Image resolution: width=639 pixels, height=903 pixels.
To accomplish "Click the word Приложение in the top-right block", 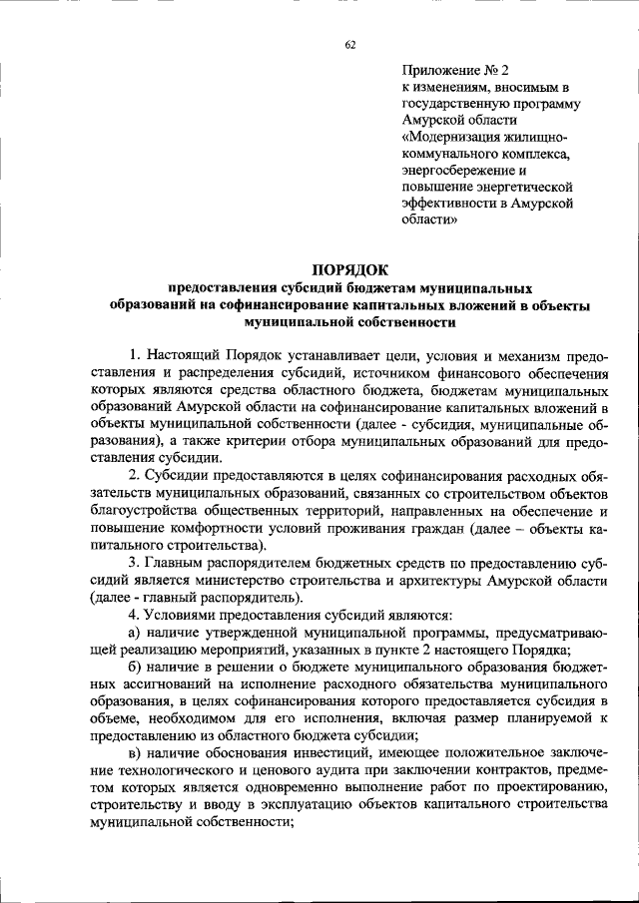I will tap(440, 71).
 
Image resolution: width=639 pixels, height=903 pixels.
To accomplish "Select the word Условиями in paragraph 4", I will tap(180, 615).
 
